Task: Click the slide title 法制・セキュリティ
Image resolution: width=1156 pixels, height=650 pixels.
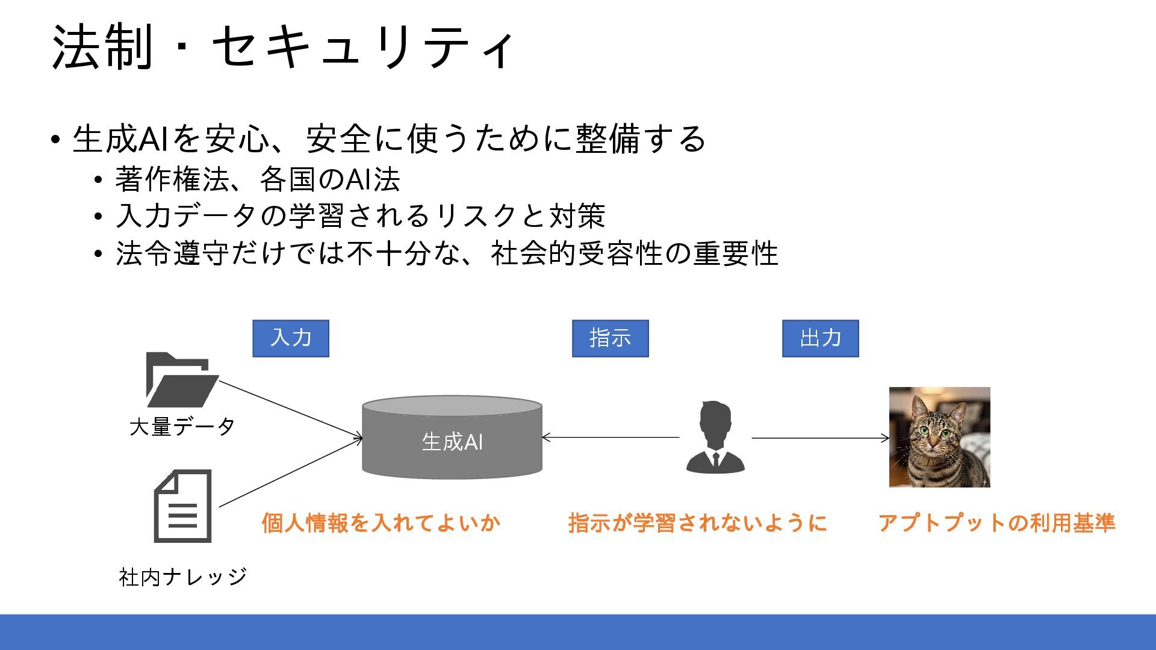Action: (x=283, y=47)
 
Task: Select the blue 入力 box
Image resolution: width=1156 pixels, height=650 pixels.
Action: (x=291, y=338)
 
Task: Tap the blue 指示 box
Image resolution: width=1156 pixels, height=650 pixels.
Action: (x=610, y=338)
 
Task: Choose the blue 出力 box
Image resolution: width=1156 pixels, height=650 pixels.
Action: (x=820, y=338)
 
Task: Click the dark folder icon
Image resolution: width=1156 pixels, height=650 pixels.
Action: (x=181, y=380)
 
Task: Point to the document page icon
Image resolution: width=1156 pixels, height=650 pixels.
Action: (x=183, y=506)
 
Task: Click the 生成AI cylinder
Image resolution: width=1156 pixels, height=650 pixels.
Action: (x=452, y=438)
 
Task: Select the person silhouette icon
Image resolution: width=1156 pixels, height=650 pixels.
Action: (x=715, y=438)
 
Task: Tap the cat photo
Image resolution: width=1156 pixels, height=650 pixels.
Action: (x=939, y=437)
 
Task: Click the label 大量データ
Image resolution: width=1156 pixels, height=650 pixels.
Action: (x=182, y=427)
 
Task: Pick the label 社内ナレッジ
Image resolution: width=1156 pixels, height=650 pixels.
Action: (x=183, y=577)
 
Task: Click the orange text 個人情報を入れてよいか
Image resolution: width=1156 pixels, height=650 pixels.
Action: (x=381, y=522)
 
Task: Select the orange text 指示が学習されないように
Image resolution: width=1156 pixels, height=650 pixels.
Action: (x=697, y=522)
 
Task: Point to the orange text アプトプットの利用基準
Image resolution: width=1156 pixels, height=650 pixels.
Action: (x=996, y=522)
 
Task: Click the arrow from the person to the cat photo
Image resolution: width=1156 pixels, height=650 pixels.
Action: (x=819, y=438)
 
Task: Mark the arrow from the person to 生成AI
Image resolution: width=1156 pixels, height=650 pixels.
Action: (x=611, y=438)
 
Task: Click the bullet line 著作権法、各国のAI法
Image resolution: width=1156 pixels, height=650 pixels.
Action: (x=258, y=179)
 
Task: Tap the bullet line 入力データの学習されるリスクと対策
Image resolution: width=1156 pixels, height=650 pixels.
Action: (x=360, y=216)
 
